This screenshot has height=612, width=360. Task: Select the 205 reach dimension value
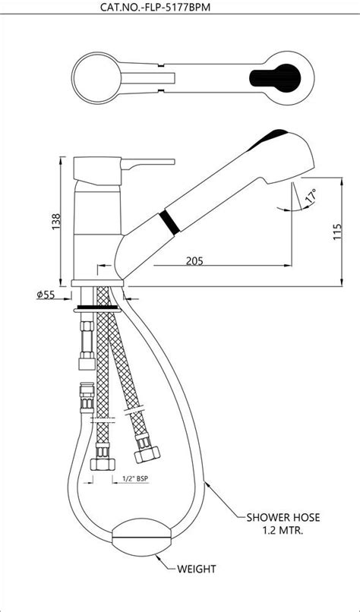(x=195, y=261)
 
